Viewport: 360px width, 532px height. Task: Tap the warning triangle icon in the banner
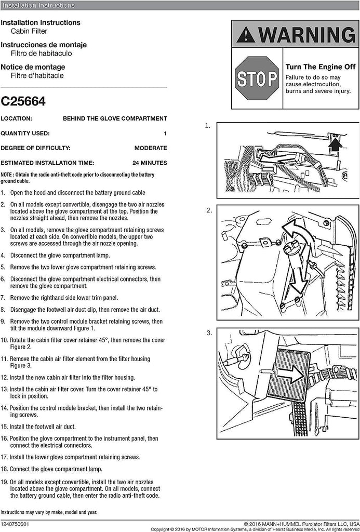coord(246,35)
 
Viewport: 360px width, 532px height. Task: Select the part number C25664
coord(23,101)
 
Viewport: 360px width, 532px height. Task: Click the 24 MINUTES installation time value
coord(150,163)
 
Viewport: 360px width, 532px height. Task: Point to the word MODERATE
coord(151,148)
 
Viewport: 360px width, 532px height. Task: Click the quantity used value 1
coord(165,133)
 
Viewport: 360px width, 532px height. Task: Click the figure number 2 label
coord(209,210)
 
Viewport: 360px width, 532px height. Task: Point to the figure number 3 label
coord(209,333)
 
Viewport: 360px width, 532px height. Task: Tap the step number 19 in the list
coord(4,482)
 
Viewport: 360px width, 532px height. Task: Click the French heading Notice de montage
coord(33,67)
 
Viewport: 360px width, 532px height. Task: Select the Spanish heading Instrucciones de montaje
coord(44,45)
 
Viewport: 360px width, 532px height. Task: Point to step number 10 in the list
coord(4,340)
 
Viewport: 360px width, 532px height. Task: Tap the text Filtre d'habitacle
coord(37,75)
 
